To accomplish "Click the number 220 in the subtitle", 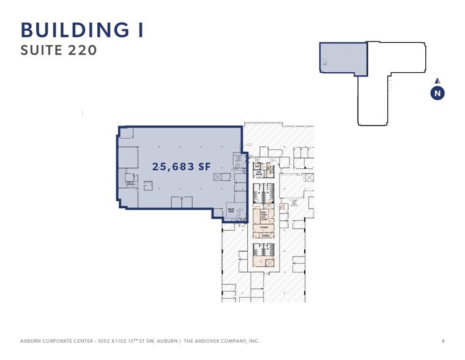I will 83,51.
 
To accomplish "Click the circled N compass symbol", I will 437,93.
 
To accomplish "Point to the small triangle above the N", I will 437,81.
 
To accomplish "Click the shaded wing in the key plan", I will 343,59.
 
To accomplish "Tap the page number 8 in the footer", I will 443,340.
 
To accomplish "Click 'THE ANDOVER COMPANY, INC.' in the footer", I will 221,340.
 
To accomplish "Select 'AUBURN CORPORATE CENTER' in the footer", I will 54,340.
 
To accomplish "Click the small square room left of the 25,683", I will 148,185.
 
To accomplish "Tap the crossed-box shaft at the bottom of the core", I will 270,262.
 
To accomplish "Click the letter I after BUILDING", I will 139,29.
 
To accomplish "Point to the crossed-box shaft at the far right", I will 308,178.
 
